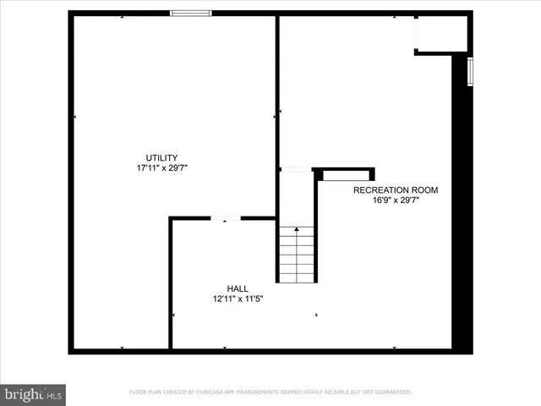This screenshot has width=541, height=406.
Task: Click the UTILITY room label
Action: tap(161, 157)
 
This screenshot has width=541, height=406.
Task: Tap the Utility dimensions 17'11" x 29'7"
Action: tap(161, 167)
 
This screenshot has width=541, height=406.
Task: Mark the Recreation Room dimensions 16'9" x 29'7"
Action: tap(396, 200)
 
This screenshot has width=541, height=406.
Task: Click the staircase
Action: tap(297, 254)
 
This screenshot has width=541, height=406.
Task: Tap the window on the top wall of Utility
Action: tap(190, 13)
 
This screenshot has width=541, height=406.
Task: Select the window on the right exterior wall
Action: tap(471, 71)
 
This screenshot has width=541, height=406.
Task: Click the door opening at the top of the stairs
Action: tap(296, 170)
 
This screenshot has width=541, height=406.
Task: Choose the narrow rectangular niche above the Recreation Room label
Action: tap(346, 175)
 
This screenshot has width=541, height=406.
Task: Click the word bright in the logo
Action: tap(24, 393)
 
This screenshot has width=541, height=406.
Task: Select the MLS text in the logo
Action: tap(54, 394)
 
